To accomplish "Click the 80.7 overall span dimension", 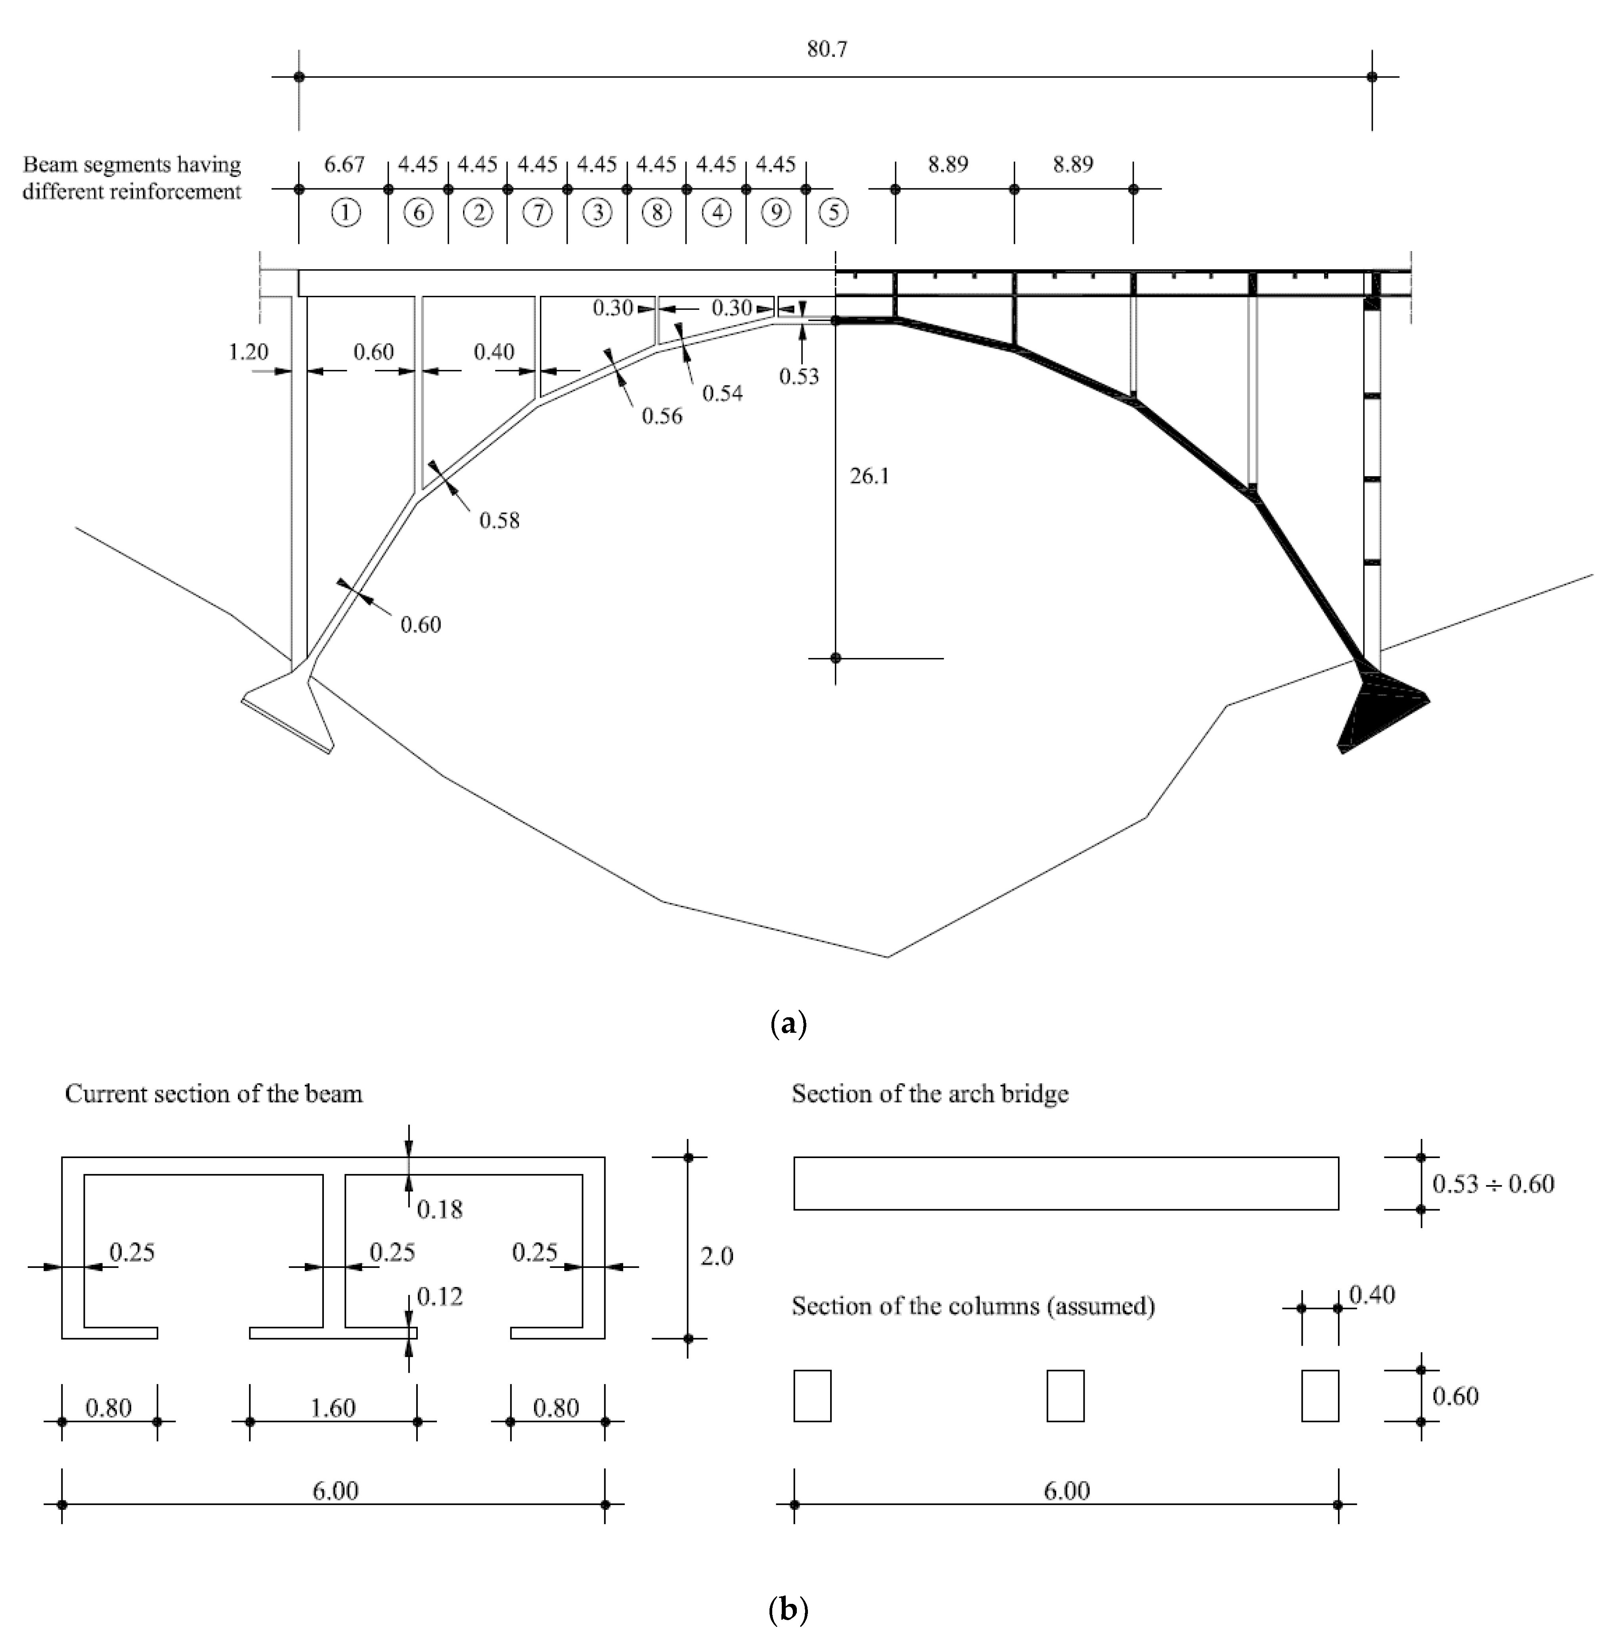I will tap(826, 49).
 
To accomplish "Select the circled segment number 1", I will tap(345, 212).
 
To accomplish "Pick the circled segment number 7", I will tap(538, 212).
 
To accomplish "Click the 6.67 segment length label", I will tap(344, 164).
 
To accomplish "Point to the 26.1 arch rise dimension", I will tap(869, 476).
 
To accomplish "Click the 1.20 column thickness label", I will tap(248, 352).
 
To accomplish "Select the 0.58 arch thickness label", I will tap(499, 520).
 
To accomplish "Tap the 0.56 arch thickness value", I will tap(661, 416).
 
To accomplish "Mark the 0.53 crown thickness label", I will tap(799, 376).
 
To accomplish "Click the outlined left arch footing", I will tap(292, 706).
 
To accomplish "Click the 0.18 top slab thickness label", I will tap(440, 1209).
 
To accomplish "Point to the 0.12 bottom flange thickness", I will tap(440, 1296).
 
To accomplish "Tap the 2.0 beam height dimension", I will tap(716, 1257).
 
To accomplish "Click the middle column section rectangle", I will tap(1066, 1396).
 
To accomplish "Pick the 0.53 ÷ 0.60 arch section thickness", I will tap(1493, 1184).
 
